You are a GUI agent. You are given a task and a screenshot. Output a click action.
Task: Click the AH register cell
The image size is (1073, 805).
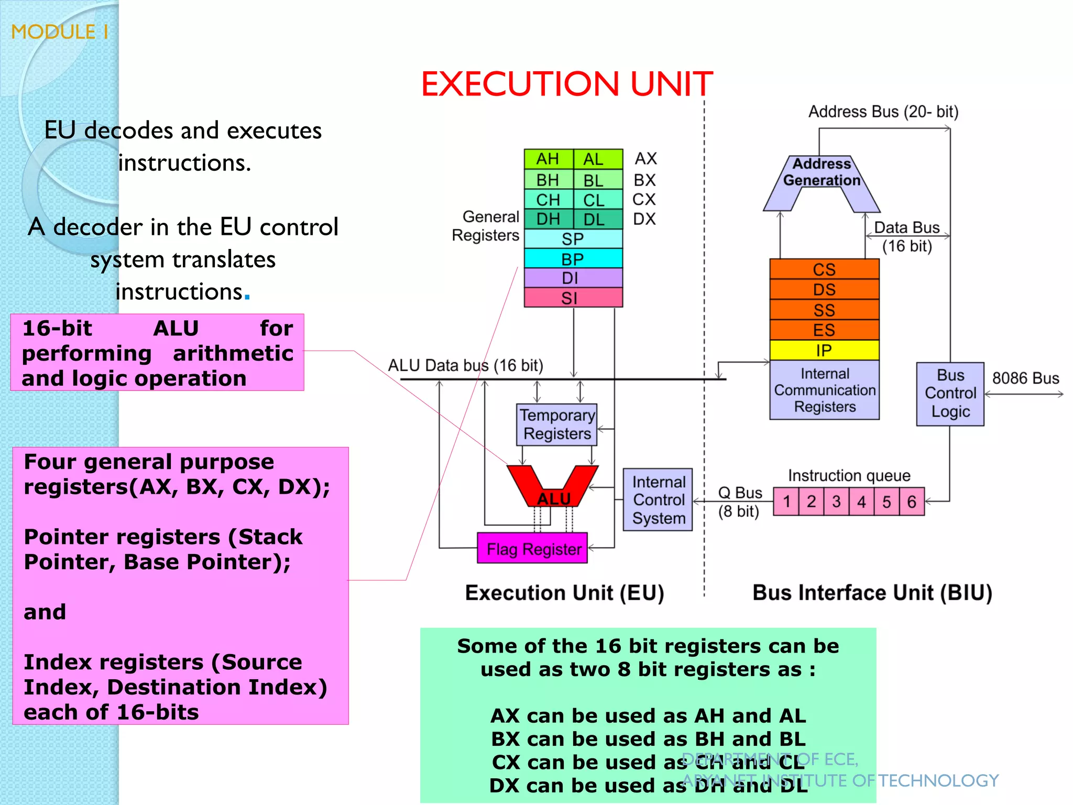coord(548,159)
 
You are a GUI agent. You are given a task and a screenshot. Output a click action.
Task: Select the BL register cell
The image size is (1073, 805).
coord(594,180)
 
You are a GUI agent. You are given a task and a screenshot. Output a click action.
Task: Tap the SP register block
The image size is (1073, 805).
coord(573,239)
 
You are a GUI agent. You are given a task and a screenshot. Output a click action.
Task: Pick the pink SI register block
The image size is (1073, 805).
coord(573,298)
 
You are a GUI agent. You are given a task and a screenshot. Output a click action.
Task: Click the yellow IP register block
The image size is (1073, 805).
coord(824,350)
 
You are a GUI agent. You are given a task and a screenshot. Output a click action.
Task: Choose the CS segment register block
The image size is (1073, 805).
coord(824,269)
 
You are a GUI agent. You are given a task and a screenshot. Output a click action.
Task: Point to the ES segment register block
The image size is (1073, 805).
coord(824,330)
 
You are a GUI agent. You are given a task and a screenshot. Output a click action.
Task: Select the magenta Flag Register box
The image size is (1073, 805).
coord(533,548)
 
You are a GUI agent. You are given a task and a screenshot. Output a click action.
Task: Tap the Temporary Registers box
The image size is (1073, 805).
coord(557,425)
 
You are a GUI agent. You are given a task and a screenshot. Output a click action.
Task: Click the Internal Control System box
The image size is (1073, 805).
coord(658,499)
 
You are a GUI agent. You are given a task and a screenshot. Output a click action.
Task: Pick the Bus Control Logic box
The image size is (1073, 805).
coord(950,394)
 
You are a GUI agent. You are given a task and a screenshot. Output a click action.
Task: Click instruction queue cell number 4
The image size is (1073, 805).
coord(861,502)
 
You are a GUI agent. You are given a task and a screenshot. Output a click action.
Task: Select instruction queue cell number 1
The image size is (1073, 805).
coord(786,502)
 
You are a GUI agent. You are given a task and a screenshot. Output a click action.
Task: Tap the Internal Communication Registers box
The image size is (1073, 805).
coord(824,390)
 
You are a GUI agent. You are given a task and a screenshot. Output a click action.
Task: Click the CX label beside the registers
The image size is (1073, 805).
coord(644,200)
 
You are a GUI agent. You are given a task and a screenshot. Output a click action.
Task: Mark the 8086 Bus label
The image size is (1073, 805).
coord(1025,378)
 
